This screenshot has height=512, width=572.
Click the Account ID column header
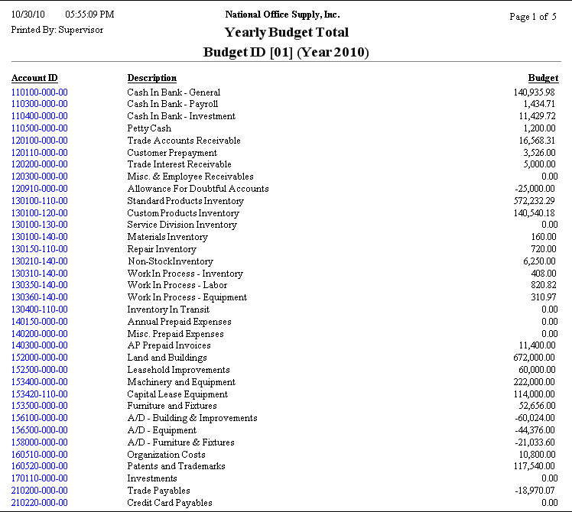tap(34, 78)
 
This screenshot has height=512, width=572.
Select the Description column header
tap(151, 78)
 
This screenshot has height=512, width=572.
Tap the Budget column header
tap(543, 78)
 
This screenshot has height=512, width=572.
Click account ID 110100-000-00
tap(40, 92)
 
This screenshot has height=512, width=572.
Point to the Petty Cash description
tap(149, 128)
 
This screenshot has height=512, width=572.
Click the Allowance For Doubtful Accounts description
tap(198, 189)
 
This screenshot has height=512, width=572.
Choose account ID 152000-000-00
tap(40, 358)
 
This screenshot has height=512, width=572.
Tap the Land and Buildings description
tap(167, 358)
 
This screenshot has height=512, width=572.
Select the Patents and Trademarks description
tap(176, 466)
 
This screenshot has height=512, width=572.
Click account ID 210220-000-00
tap(40, 503)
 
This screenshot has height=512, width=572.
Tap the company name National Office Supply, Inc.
tap(283, 15)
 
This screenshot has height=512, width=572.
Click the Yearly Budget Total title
tap(286, 32)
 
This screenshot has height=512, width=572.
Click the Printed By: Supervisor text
tap(57, 30)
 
